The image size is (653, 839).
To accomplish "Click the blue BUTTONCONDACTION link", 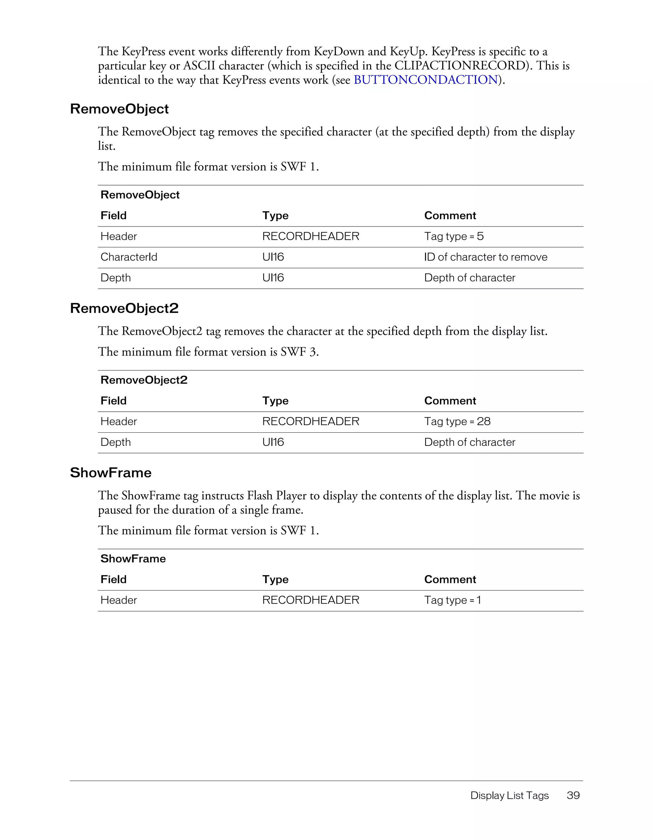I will click(425, 80).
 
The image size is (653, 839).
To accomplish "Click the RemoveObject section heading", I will click(119, 109).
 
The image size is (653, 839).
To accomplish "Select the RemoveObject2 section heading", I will click(124, 308).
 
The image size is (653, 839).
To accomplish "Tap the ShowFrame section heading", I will click(111, 473).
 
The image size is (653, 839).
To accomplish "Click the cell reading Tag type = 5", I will click(453, 236).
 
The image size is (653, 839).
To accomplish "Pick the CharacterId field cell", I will click(129, 257).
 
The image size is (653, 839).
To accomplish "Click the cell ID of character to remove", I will click(485, 257).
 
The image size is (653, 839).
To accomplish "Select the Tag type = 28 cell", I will click(457, 422).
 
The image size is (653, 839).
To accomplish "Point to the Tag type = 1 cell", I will click(452, 600).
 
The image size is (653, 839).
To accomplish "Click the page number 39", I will click(573, 795).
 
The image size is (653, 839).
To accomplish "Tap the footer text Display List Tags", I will click(509, 795).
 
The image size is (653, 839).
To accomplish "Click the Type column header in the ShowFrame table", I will click(275, 579).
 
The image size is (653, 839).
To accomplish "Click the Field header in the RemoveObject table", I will click(114, 215).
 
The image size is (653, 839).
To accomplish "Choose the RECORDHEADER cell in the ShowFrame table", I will click(311, 600).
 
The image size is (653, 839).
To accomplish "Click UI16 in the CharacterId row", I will click(273, 257).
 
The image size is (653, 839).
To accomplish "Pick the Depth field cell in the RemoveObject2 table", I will click(115, 442).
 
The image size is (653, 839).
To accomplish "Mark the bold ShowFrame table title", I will click(133, 559).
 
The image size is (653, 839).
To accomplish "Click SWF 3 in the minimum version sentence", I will click(299, 352).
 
